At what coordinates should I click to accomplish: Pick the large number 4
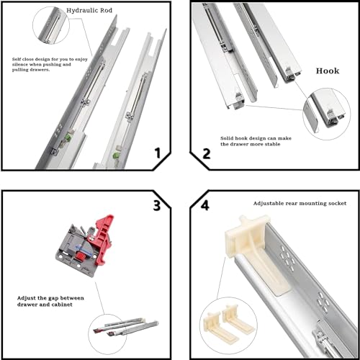[204, 206]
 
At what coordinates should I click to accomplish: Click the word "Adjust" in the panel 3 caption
[27, 296]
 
